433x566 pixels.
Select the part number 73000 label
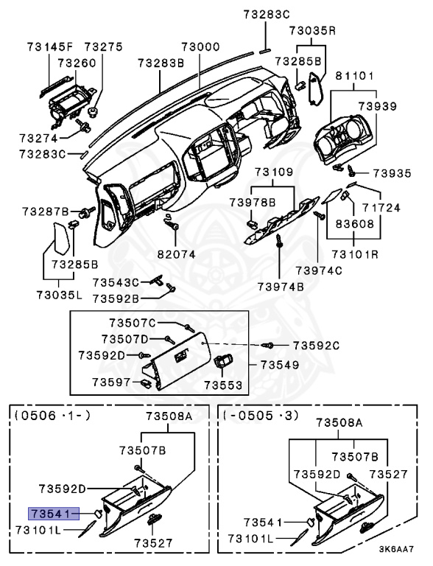[201, 46]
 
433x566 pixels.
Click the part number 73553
[222, 385]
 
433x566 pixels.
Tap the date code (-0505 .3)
[261, 416]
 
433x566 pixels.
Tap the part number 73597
[111, 382]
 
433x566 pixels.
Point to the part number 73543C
[116, 282]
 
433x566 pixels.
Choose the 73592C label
[316, 345]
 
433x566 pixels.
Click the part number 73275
[103, 47]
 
